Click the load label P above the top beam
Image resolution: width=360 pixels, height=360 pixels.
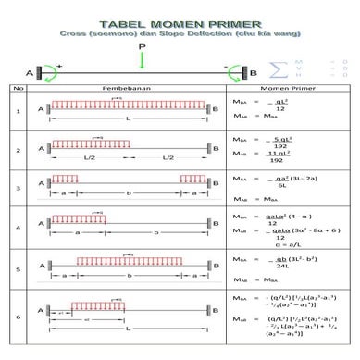tap(142, 44)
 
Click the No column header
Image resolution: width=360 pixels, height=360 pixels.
tap(18, 89)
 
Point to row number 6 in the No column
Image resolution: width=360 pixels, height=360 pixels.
tap(18, 317)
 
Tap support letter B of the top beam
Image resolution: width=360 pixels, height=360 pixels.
tap(254, 73)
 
